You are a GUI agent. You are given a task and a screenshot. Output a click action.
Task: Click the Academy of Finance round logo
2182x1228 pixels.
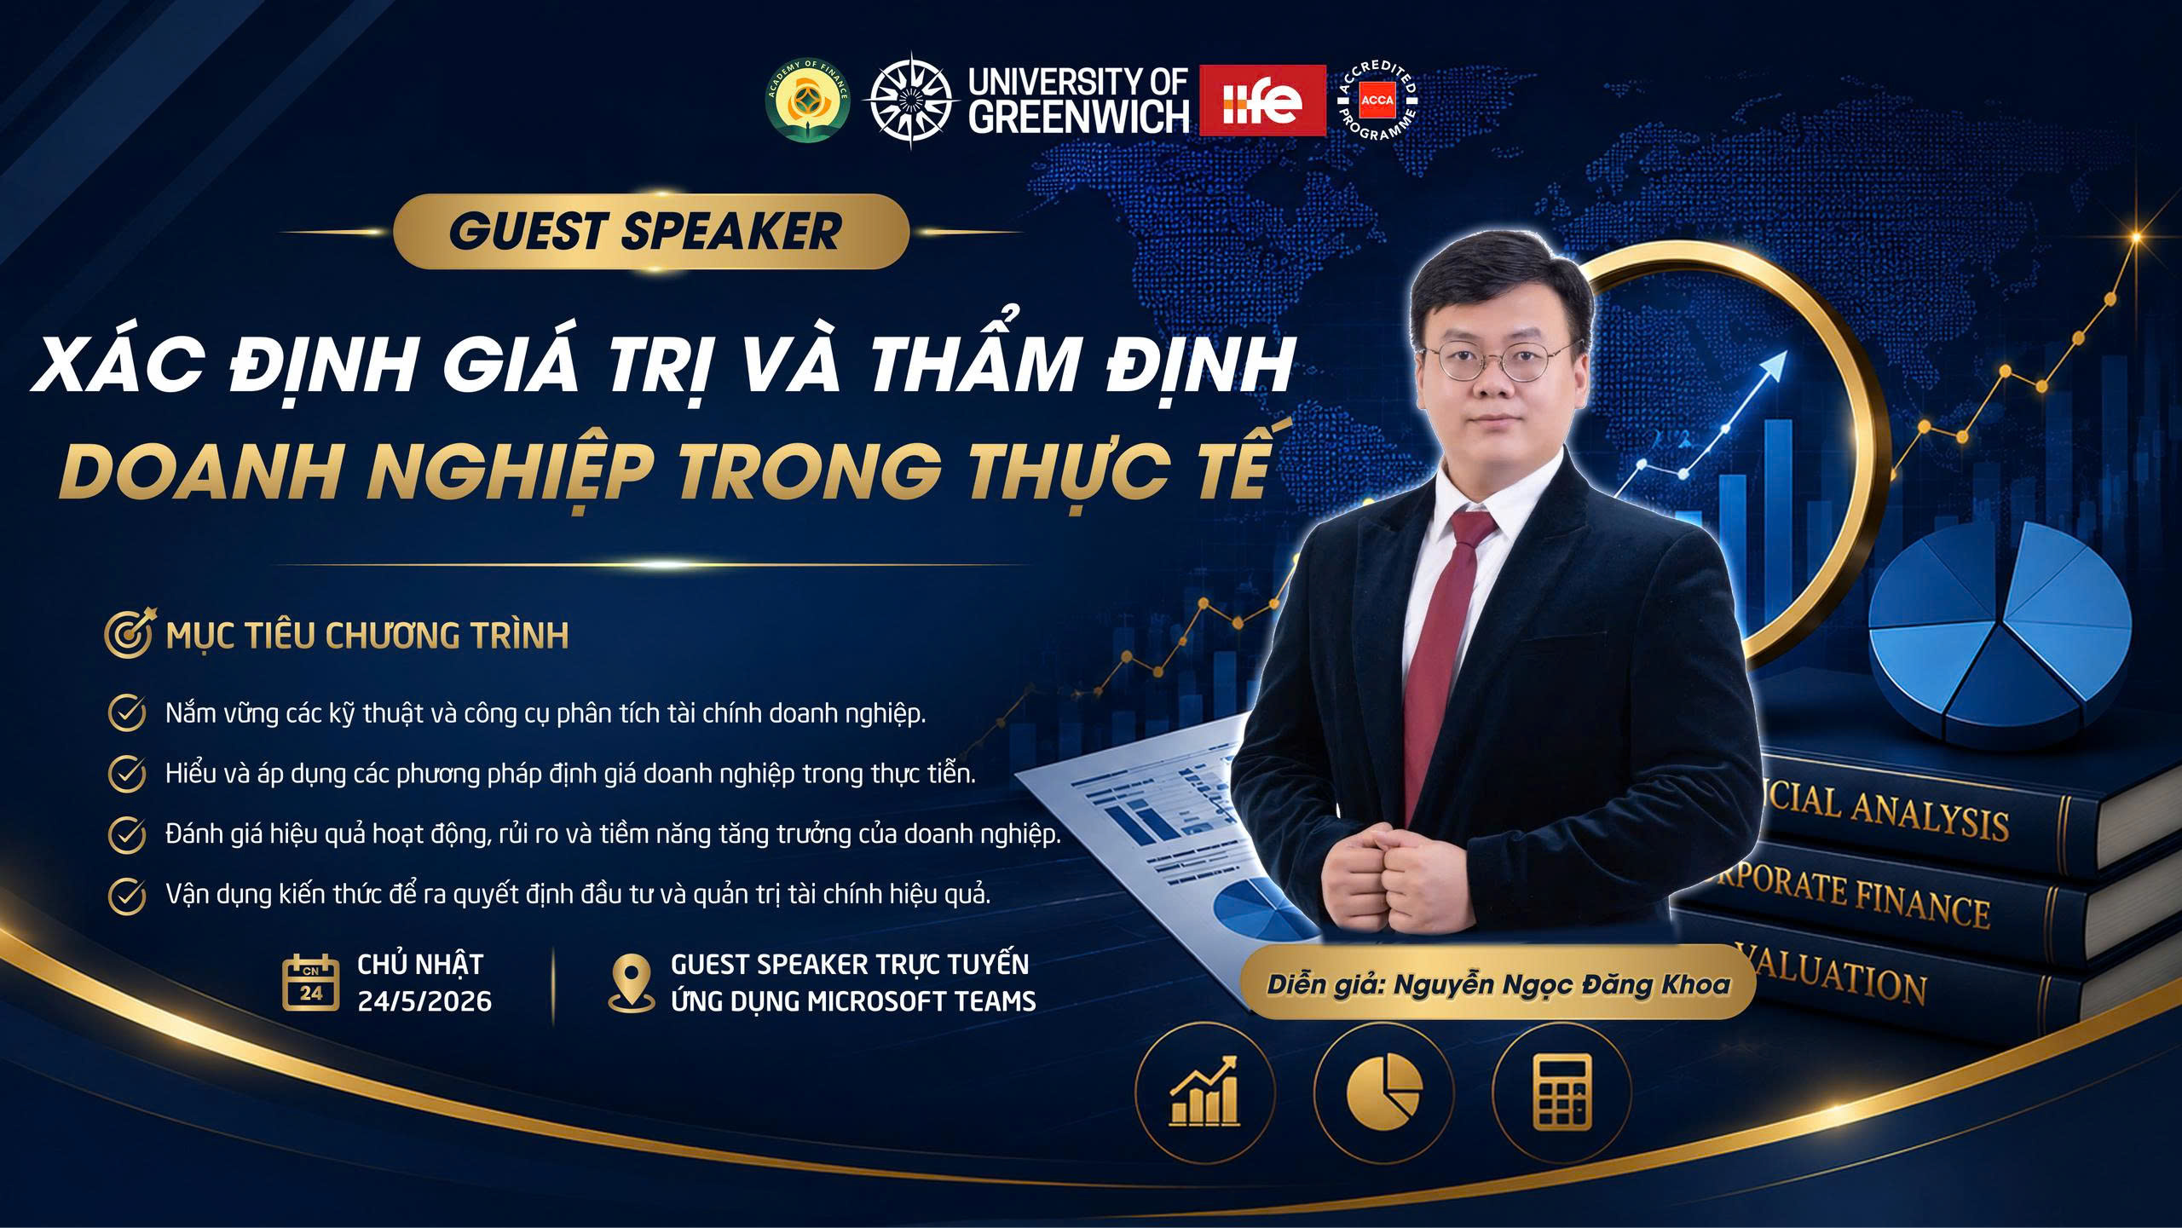pos(807,101)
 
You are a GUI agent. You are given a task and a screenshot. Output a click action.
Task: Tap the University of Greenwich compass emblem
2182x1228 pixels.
pos(909,101)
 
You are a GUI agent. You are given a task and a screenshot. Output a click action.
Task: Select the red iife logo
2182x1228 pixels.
pos(1262,100)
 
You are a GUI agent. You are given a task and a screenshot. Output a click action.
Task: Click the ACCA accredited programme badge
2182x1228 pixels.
pos(1377,101)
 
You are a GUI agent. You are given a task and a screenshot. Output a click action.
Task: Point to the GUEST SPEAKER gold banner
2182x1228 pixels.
pos(651,231)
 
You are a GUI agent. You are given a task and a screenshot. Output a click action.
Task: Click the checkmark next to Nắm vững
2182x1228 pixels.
pos(126,712)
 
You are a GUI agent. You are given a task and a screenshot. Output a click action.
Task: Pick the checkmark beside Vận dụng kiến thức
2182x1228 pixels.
pos(126,895)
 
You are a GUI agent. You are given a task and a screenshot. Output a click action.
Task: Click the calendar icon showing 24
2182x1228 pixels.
pos(310,982)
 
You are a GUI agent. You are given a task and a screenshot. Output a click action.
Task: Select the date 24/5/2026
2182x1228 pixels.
pos(424,1000)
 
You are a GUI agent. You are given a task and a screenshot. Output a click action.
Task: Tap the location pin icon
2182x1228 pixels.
pos(632,982)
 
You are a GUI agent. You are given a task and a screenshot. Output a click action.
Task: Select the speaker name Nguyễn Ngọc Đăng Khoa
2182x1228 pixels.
pos(1561,985)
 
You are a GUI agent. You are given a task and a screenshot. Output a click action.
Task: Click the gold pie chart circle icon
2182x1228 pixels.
pos(1383,1093)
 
